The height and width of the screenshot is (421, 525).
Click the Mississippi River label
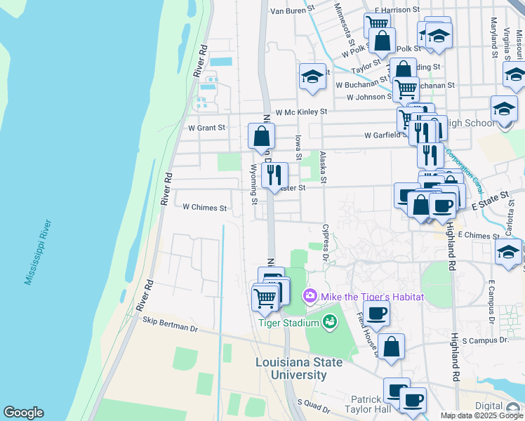click(x=38, y=252)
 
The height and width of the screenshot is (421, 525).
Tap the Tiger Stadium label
click(x=289, y=323)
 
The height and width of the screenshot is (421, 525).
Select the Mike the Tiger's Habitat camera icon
click(x=310, y=297)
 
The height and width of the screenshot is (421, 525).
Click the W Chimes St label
click(x=205, y=208)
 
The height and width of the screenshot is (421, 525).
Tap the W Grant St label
click(x=206, y=128)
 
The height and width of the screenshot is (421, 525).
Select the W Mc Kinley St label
click(x=301, y=112)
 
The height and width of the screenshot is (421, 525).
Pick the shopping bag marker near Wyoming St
click(x=261, y=135)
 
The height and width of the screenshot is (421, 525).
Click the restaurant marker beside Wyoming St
click(x=274, y=175)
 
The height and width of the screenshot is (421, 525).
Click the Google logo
click(x=23, y=413)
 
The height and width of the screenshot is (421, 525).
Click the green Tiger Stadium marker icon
click(x=329, y=322)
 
